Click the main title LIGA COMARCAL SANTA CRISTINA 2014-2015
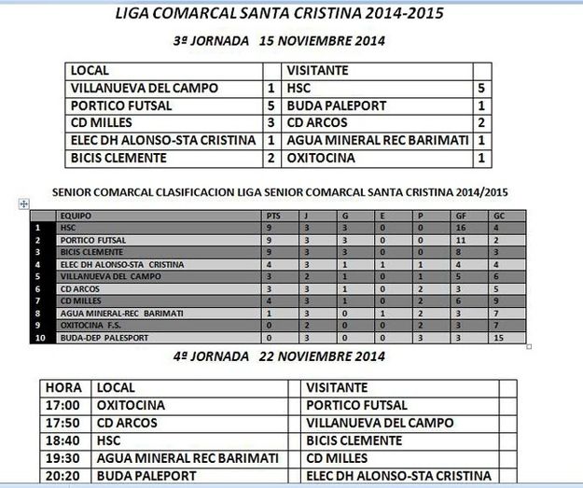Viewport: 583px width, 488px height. pyautogui.click(x=278, y=15)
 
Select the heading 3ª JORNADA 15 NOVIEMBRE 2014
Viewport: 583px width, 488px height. pyautogui.click(x=280, y=42)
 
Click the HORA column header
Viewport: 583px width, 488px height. pyautogui.click(x=63, y=387)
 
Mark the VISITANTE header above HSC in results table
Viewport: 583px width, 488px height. pyautogui.click(x=317, y=70)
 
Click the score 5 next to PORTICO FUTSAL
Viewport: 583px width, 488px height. pyautogui.click(x=271, y=105)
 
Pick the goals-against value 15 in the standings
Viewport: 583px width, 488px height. pyautogui.click(x=501, y=337)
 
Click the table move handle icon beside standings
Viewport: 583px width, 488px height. pyautogui.click(x=23, y=203)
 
